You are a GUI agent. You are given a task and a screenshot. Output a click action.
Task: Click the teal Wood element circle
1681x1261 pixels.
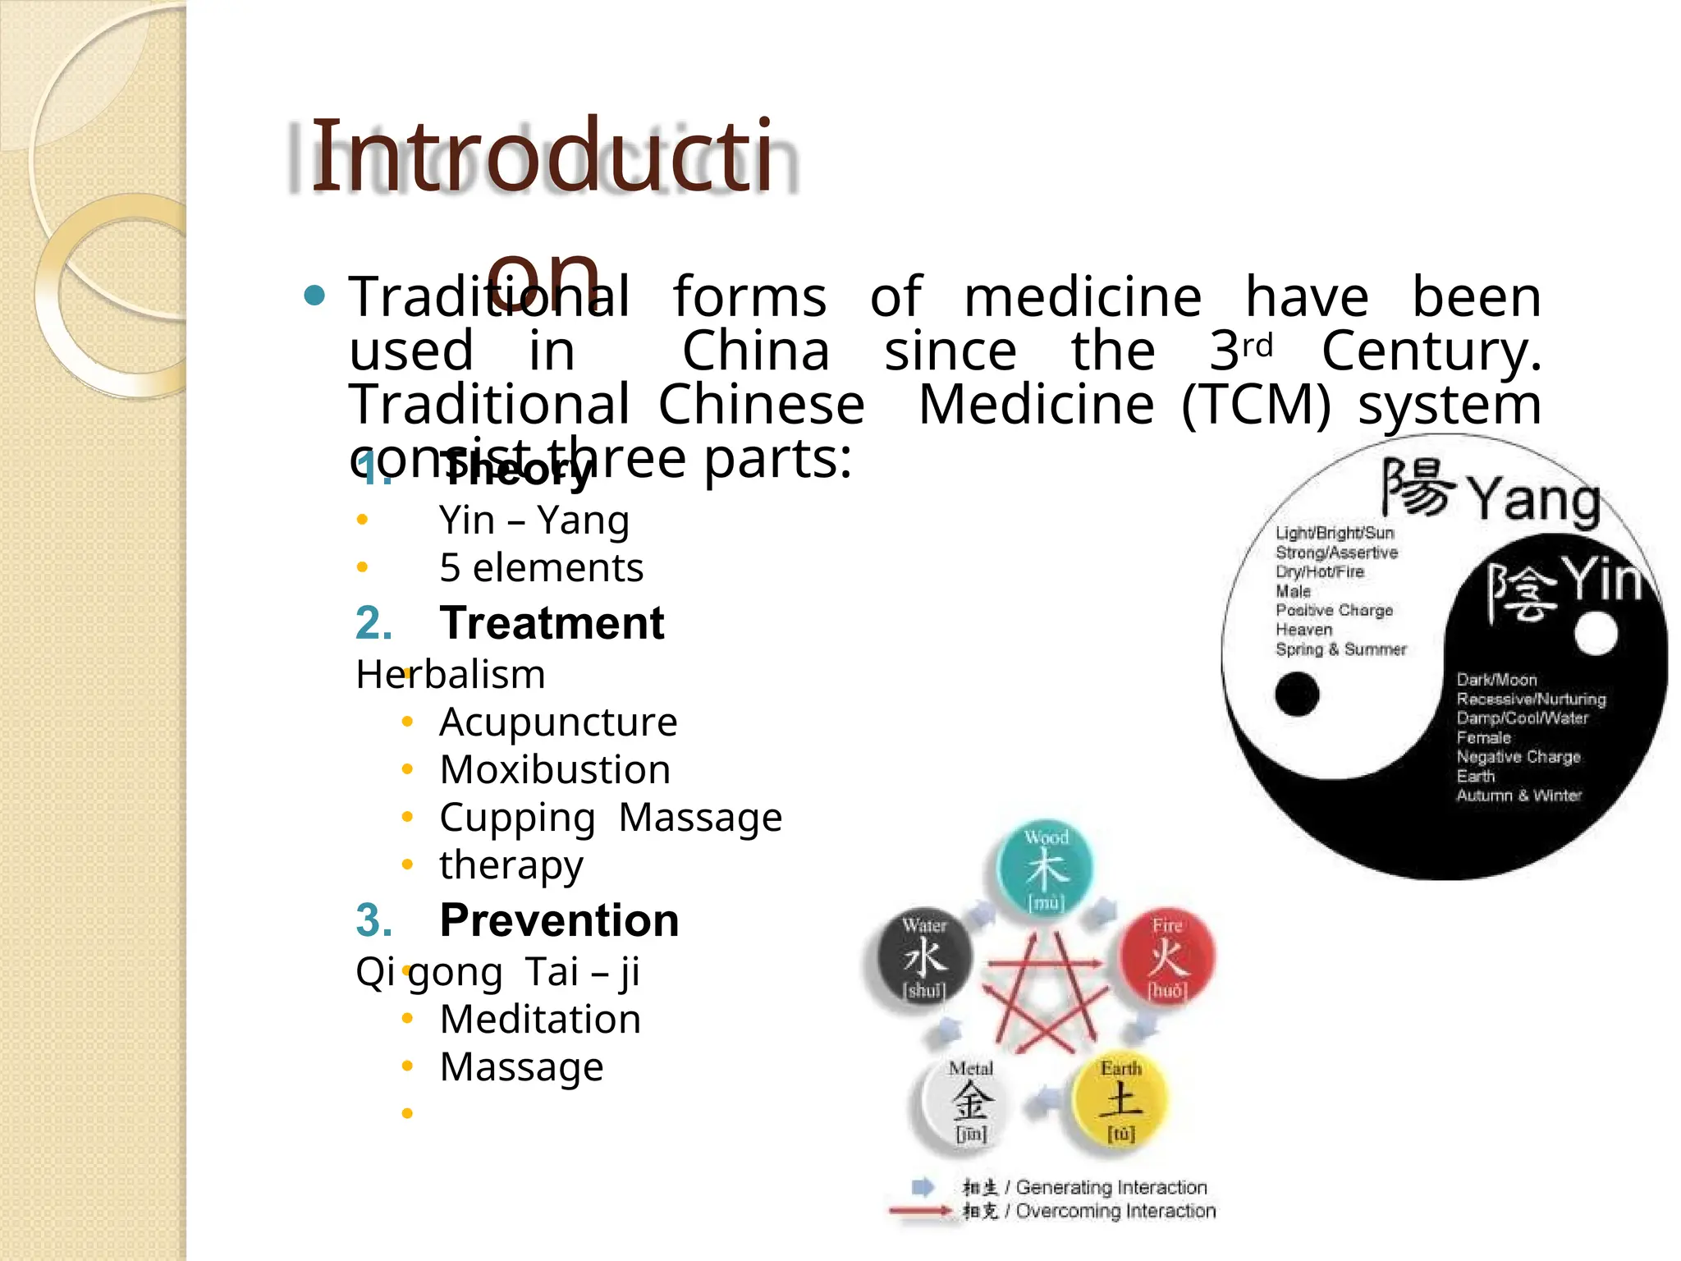coord(1045,869)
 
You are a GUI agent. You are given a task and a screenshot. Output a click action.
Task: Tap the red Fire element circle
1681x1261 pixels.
coord(1167,957)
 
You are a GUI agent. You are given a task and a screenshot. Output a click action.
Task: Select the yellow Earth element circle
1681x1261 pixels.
coord(1120,1099)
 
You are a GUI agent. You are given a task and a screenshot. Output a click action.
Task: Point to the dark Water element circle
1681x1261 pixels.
coord(925,957)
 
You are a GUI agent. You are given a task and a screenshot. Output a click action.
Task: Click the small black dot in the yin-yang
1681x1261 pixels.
coord(1297,694)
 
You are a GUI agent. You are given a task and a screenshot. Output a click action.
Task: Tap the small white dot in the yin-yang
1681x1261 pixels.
coord(1596,634)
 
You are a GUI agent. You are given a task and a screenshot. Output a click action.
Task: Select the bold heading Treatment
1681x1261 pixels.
coord(552,623)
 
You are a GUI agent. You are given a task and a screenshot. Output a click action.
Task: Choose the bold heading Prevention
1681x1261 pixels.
coord(559,920)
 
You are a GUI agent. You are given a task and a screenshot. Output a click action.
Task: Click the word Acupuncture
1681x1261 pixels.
coord(558,722)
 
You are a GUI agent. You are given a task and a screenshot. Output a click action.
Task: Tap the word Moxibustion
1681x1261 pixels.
coord(555,770)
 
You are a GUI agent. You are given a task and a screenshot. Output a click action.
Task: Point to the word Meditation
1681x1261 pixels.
coord(540,1020)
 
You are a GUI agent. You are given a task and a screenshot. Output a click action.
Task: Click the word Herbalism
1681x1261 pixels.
coord(451,675)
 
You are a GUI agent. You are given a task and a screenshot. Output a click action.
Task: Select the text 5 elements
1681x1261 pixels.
coord(541,568)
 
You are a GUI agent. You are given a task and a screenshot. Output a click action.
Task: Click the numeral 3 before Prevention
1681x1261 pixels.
coord(372,920)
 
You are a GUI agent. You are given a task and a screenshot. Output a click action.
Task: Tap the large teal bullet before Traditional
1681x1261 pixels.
coord(314,295)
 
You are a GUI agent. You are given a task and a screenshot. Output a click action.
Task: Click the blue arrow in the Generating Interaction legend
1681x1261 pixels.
coord(923,1186)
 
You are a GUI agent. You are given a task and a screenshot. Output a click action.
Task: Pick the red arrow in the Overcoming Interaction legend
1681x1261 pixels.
coord(919,1210)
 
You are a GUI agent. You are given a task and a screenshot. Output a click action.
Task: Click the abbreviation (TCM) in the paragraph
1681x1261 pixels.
coord(1255,405)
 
